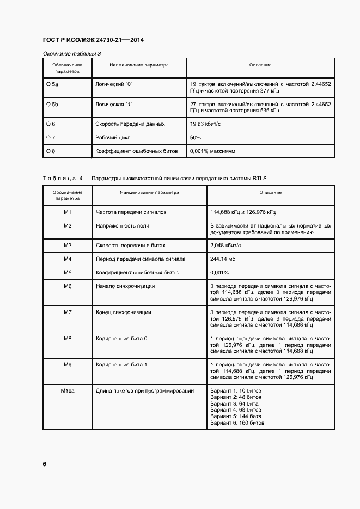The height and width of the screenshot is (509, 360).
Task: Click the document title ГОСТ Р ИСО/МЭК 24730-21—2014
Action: click(93, 40)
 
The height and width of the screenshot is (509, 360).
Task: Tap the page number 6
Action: click(44, 464)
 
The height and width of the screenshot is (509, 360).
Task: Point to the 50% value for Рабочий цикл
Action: click(196, 138)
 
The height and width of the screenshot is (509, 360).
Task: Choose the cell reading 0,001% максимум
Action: click(212, 151)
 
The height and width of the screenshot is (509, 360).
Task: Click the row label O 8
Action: click(51, 151)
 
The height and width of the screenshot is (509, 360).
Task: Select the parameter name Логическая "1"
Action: click(115, 103)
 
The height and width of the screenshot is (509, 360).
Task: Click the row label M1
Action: click(68, 212)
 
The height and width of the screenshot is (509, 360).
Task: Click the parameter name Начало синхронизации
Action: click(125, 286)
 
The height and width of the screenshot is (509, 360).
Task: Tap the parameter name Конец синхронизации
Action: click(124, 312)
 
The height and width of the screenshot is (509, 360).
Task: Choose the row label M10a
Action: click(68, 391)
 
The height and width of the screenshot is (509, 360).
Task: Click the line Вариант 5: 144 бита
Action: click(236, 416)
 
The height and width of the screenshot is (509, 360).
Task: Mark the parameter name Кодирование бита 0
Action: click(121, 339)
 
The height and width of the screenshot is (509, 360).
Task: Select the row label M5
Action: click(68, 272)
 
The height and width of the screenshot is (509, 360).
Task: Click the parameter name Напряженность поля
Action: click(123, 225)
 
